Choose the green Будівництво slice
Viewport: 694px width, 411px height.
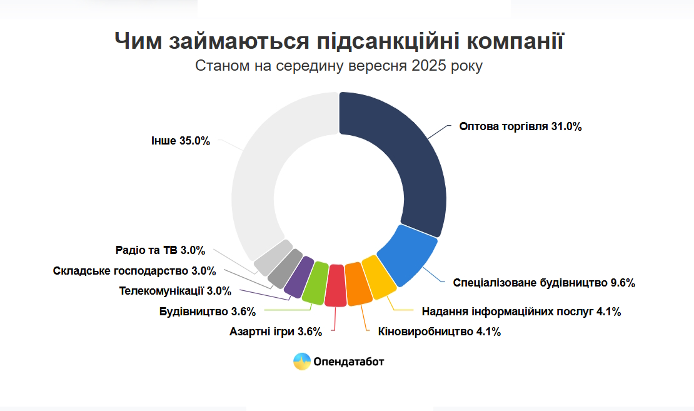coord(316,283)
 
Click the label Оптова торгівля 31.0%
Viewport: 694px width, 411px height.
coord(520,126)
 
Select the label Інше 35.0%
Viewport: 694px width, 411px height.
coord(181,141)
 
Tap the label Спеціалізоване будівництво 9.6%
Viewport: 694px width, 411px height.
coord(544,283)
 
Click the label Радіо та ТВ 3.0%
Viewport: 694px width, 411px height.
coord(161,250)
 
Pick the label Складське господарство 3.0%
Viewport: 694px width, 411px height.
coord(134,271)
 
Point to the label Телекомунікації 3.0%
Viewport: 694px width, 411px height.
coord(175,291)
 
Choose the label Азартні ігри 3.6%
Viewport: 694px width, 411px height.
coord(276,332)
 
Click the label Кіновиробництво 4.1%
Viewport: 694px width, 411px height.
coord(440,332)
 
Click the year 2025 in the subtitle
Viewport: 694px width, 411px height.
coord(429,66)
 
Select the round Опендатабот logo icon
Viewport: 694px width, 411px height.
coord(302,362)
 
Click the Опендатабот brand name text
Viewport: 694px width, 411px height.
coord(349,362)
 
